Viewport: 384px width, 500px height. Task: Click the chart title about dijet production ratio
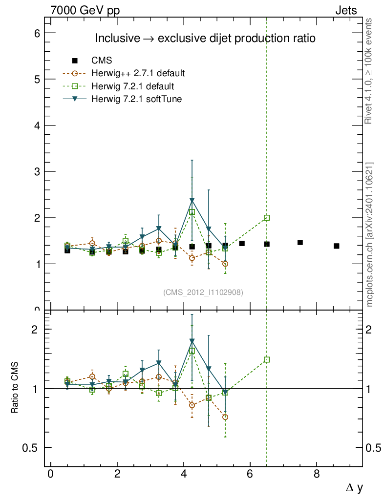tap(205, 38)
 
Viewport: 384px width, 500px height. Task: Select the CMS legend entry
tap(102, 61)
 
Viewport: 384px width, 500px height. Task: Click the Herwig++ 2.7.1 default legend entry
tap(138, 74)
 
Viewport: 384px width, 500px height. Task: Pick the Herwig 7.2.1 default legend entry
tap(132, 86)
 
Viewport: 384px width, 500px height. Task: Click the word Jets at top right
tap(345, 10)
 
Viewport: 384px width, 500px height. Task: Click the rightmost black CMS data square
tap(337, 246)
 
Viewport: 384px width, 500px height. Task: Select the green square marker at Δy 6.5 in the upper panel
tap(267, 218)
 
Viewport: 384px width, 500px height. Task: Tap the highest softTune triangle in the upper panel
tap(192, 200)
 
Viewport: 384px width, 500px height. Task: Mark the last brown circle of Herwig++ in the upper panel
tap(225, 264)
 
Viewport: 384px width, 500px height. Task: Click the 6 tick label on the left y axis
tap(37, 33)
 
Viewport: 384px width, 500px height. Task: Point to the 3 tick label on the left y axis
tap(37, 171)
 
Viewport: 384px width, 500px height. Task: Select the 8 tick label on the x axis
tap(317, 474)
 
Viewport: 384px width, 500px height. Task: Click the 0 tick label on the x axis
tap(50, 474)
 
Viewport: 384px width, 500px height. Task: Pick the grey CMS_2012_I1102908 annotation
tap(203, 292)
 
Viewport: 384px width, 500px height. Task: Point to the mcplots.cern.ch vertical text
tap(370, 234)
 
